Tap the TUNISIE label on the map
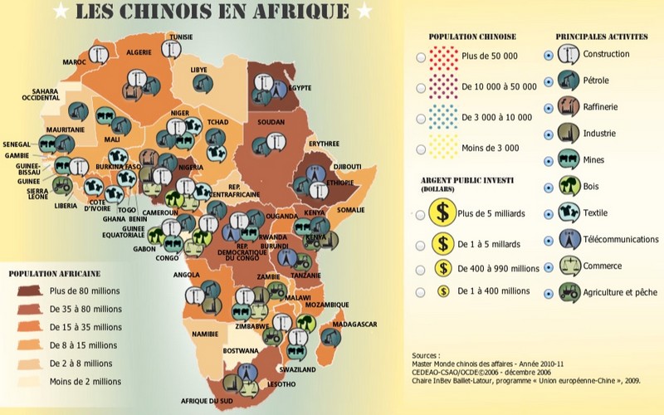point(182,37)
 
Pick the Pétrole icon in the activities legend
point(568,81)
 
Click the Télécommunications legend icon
point(568,240)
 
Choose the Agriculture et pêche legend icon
point(568,293)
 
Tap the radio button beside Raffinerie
point(545,108)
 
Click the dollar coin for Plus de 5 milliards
point(443,214)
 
